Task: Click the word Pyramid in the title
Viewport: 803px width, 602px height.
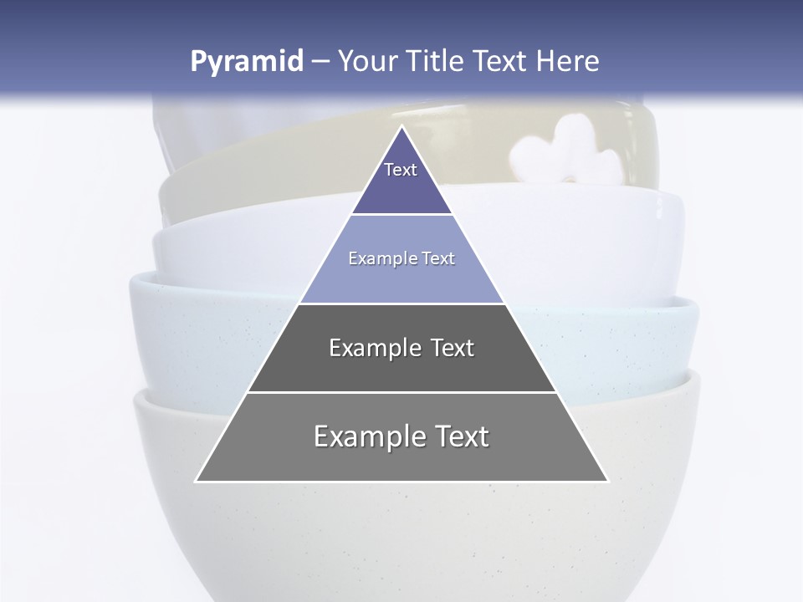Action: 247,62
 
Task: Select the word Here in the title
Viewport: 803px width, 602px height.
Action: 567,62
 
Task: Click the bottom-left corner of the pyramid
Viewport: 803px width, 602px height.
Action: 197,481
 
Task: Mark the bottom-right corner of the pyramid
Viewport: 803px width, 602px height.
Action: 607,481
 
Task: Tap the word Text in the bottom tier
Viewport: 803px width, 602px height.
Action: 459,436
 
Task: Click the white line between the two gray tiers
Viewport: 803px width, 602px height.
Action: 401,392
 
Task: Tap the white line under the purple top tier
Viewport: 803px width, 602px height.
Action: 401,215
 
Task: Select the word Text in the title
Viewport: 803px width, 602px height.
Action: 500,62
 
